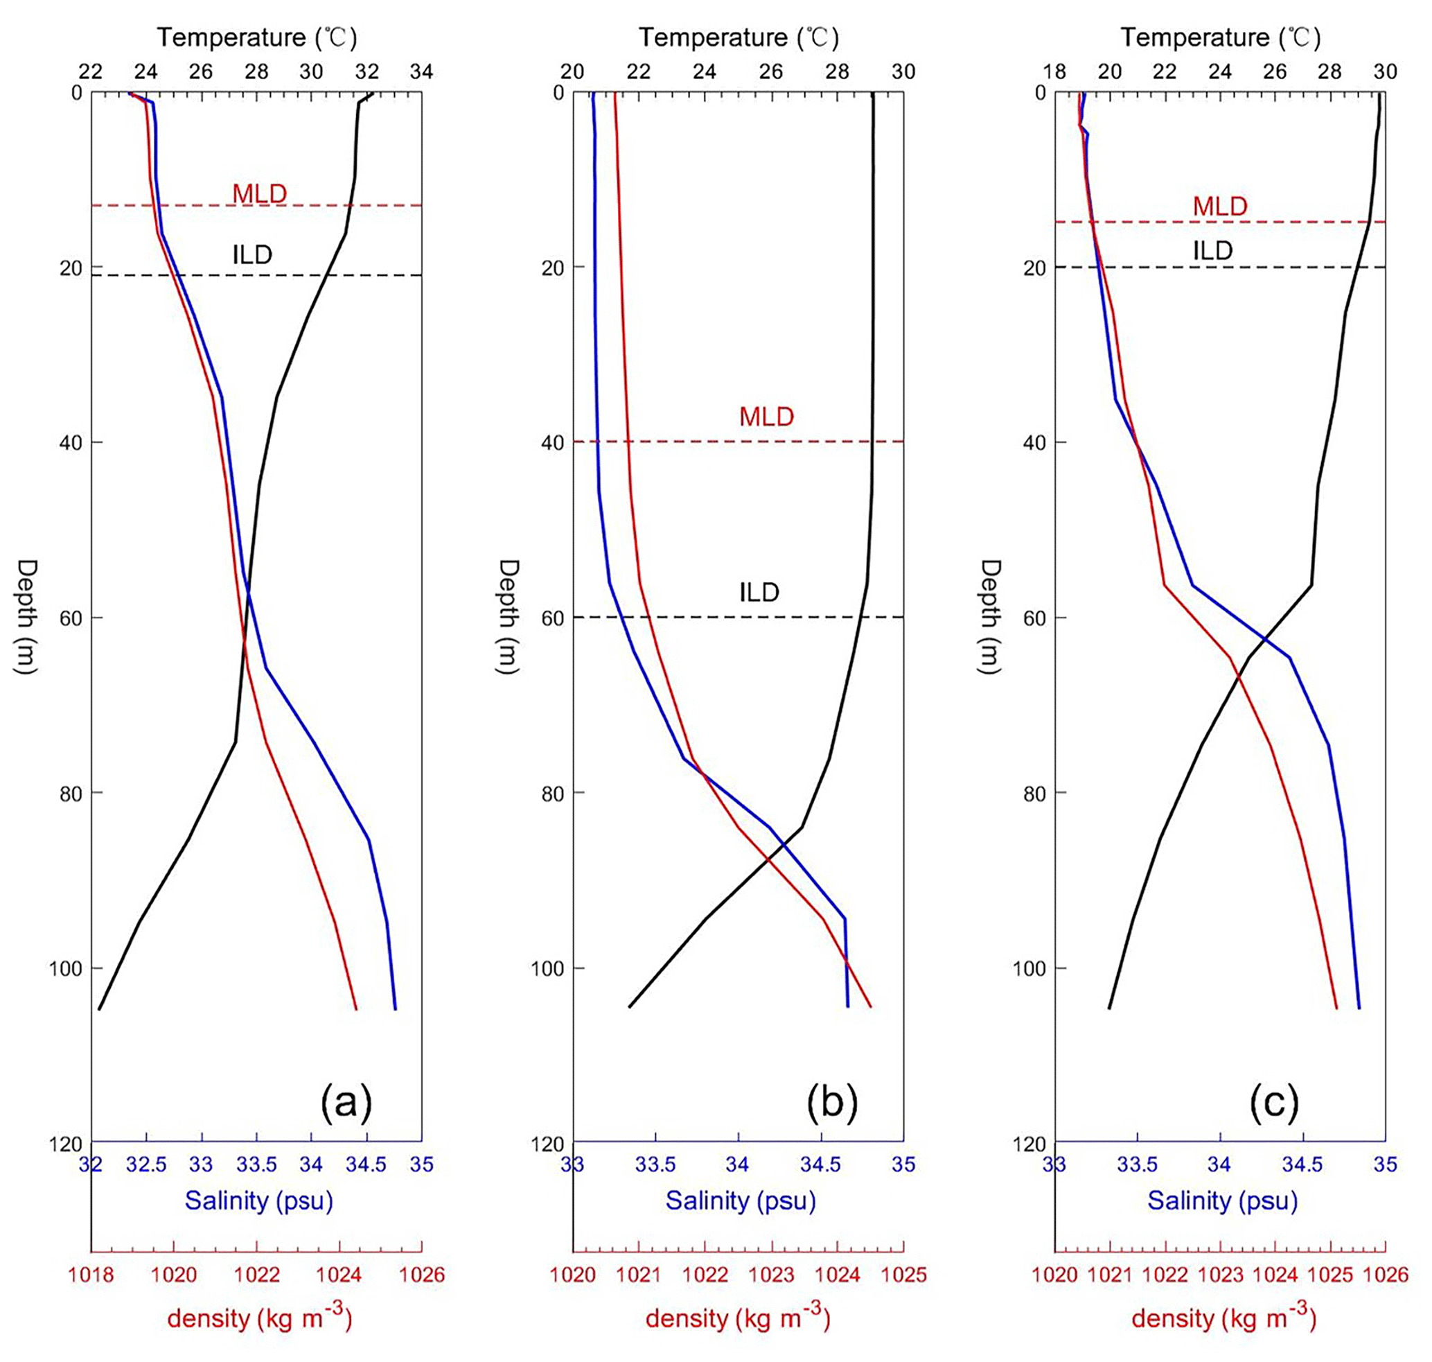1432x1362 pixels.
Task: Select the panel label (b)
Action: (831, 1102)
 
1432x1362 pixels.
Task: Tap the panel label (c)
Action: (1273, 1102)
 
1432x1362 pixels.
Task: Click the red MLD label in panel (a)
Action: (259, 193)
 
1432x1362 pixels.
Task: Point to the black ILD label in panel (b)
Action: (759, 593)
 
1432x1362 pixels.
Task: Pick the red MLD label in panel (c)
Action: (1220, 206)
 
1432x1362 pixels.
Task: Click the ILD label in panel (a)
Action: (252, 254)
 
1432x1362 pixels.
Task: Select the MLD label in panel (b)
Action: (766, 417)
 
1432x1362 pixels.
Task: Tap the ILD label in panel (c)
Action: (1213, 250)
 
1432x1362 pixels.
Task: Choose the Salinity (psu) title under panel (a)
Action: (258, 1200)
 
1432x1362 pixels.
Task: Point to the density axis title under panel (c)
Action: (1223, 1318)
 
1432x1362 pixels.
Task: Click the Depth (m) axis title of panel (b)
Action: (509, 616)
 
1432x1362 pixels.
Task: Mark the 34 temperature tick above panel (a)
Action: (422, 71)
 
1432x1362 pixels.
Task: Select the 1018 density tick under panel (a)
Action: (91, 1275)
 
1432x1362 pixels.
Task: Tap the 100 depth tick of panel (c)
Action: (1030, 968)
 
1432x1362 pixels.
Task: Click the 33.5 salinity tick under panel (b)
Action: (655, 1164)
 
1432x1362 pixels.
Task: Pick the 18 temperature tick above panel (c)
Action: (1054, 71)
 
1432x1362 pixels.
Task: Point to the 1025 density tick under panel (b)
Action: (903, 1275)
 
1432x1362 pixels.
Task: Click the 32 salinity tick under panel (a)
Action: (91, 1164)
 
